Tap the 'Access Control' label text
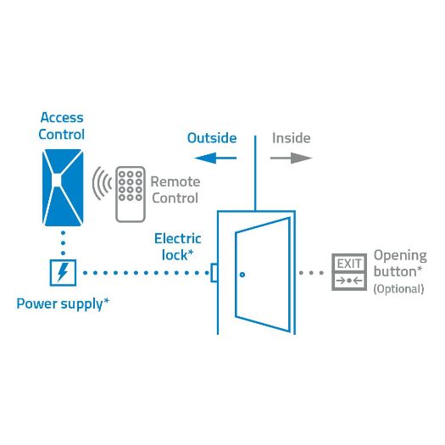(x=62, y=126)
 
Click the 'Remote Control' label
(x=175, y=190)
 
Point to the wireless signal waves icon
(x=102, y=184)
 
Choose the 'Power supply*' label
(x=63, y=303)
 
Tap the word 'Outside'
(x=212, y=137)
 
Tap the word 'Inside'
(x=291, y=137)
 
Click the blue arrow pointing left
(x=212, y=157)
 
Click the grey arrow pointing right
(x=292, y=157)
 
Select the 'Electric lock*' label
(x=178, y=247)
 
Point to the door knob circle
(x=242, y=274)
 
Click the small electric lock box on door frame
(x=214, y=273)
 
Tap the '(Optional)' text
(x=398, y=289)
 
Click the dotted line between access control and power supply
(x=63, y=243)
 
